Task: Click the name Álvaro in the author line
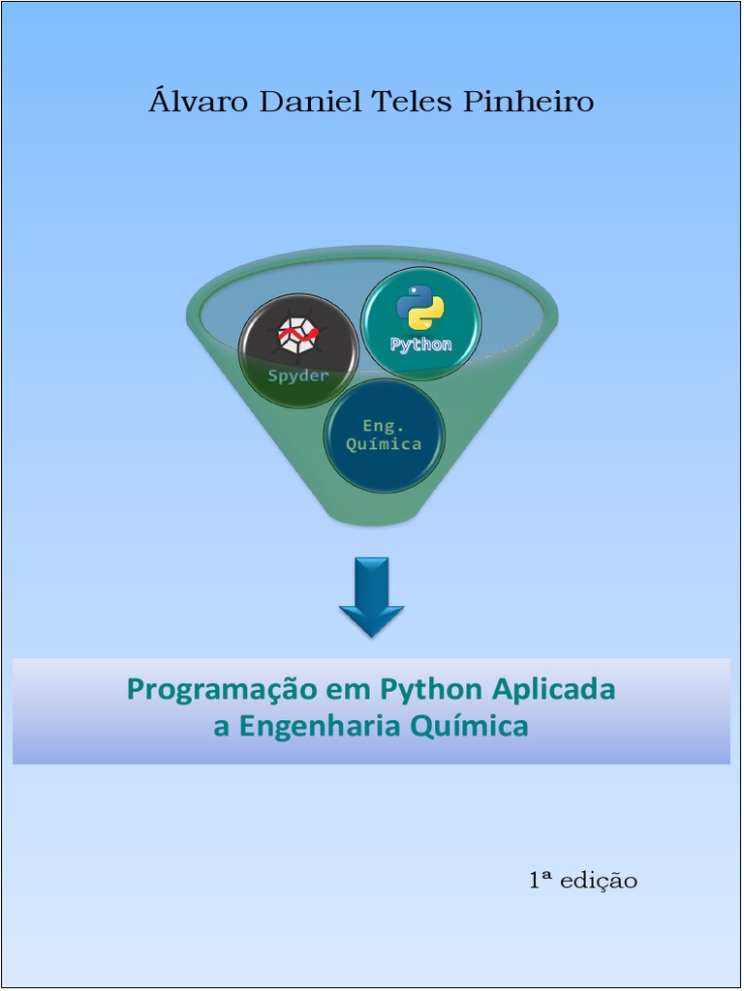(x=199, y=102)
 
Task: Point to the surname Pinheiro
(x=528, y=102)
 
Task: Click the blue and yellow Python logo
(x=420, y=309)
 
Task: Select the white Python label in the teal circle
(x=420, y=345)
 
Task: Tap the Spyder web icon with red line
(x=298, y=336)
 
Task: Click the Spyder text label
(x=298, y=375)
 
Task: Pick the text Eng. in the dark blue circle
(x=384, y=425)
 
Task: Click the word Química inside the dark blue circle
(x=384, y=444)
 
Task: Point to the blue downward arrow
(x=371, y=595)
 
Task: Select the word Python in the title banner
(x=431, y=690)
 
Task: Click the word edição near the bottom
(x=599, y=881)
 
